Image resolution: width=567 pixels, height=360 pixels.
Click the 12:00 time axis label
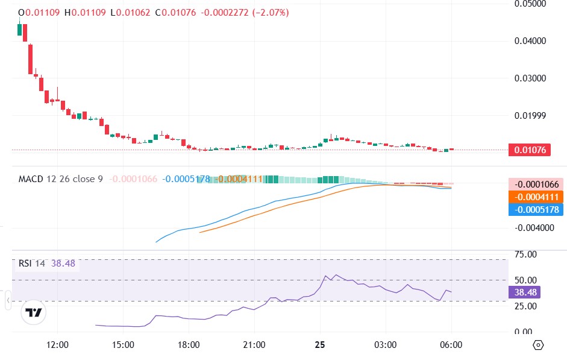click(x=57, y=345)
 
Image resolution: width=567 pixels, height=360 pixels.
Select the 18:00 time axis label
click(x=189, y=345)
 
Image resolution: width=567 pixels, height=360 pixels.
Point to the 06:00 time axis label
click(x=451, y=345)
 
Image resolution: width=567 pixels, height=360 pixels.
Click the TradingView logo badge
click(x=34, y=312)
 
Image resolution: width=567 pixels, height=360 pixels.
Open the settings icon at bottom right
click(x=538, y=345)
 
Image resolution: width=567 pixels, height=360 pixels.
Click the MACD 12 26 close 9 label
click(x=60, y=179)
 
